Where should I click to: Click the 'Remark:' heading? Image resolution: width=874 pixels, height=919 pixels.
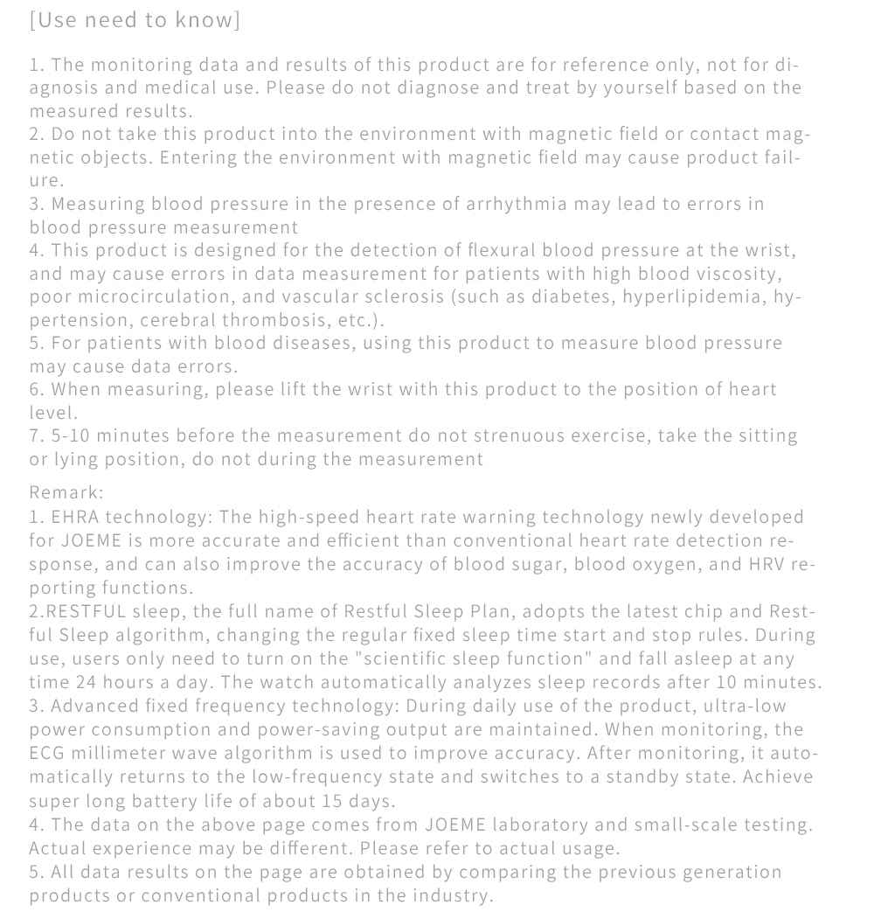pos(66,492)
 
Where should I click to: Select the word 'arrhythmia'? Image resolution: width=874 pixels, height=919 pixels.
pos(523,204)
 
